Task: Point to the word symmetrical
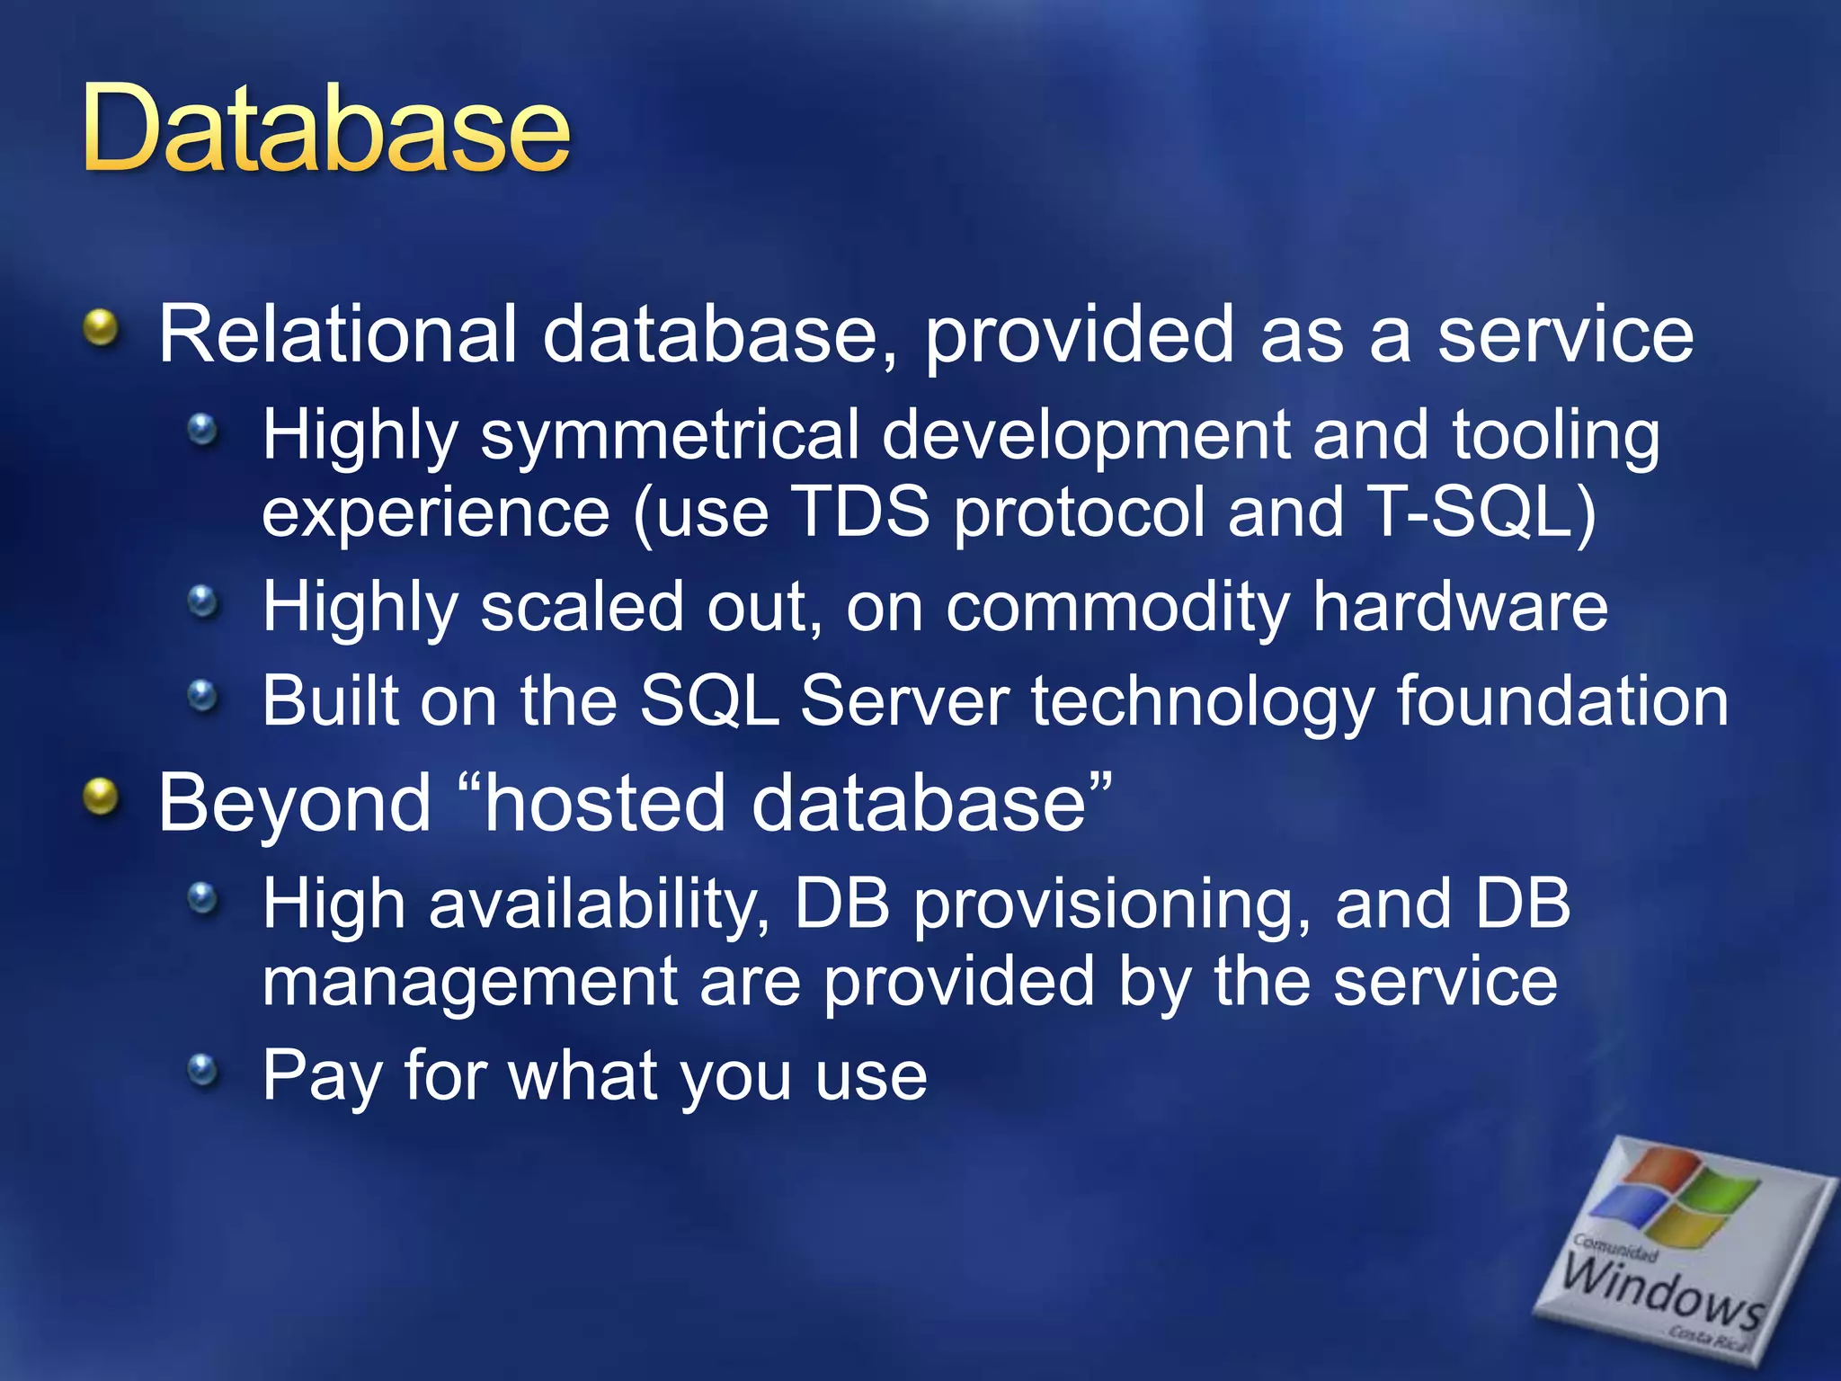click(670, 436)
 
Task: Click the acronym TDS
click(864, 512)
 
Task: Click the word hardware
click(1460, 608)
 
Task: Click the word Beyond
click(295, 803)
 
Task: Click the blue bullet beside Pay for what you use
click(203, 1069)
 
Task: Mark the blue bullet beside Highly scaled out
click(203, 601)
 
